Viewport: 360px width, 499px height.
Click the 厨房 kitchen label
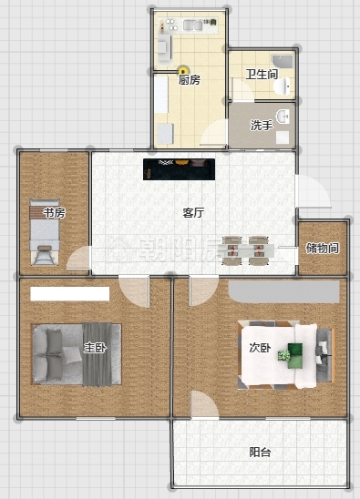coord(190,79)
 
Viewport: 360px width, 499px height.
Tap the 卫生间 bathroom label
coord(262,75)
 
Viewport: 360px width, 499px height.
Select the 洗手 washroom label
coord(262,126)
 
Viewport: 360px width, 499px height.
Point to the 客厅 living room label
coord(193,212)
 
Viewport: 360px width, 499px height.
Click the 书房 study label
coord(54,212)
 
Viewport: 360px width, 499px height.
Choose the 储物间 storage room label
coord(322,248)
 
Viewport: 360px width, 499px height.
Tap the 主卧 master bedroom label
coord(95,348)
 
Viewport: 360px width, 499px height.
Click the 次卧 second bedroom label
coord(260,348)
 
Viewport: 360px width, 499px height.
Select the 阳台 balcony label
coord(260,453)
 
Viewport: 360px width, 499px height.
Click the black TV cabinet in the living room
coord(179,169)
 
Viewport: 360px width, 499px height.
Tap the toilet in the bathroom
coord(283,87)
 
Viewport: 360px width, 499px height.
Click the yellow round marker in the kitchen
coord(183,70)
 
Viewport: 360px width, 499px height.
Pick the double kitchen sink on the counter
coord(192,25)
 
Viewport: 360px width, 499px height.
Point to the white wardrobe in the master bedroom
coord(70,294)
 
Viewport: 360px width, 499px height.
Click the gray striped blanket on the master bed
coord(98,354)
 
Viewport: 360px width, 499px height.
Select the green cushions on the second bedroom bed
coord(294,356)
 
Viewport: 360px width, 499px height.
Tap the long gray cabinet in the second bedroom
coord(283,291)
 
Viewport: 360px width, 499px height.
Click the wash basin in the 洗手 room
coord(283,117)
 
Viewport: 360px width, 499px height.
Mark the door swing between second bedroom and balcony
coord(204,404)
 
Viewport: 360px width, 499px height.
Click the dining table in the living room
coord(249,250)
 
